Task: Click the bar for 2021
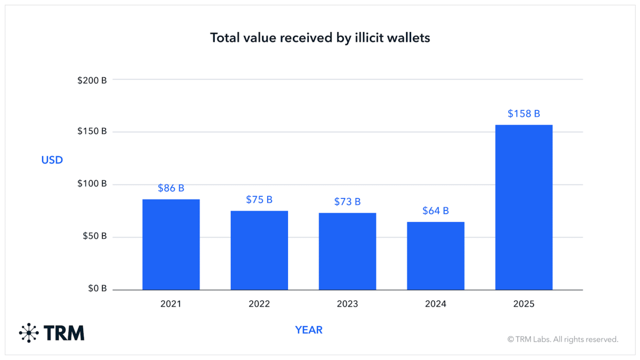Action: pyautogui.click(x=171, y=245)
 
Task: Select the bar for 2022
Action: pyautogui.click(x=259, y=251)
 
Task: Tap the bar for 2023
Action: pyautogui.click(x=347, y=252)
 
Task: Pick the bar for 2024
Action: pyautogui.click(x=436, y=256)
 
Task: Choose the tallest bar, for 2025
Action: pyautogui.click(x=524, y=207)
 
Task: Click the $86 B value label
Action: pyautogui.click(x=171, y=188)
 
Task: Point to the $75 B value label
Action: pyautogui.click(x=259, y=199)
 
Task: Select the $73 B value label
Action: pyautogui.click(x=347, y=202)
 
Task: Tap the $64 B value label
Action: pyautogui.click(x=436, y=211)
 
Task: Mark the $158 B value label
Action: pyautogui.click(x=524, y=114)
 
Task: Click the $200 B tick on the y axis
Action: pyautogui.click(x=92, y=81)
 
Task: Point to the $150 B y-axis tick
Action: pyautogui.click(x=92, y=131)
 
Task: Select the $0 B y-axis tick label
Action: pyautogui.click(x=96, y=289)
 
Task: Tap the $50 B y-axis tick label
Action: pyautogui.click(x=94, y=236)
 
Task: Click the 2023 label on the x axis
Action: pyautogui.click(x=347, y=304)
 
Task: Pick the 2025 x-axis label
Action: pyautogui.click(x=524, y=304)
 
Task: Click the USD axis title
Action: pyautogui.click(x=52, y=160)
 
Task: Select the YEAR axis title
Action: pyautogui.click(x=309, y=330)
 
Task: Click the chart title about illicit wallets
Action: pyautogui.click(x=320, y=38)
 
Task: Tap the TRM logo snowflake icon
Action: pyautogui.click(x=29, y=333)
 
